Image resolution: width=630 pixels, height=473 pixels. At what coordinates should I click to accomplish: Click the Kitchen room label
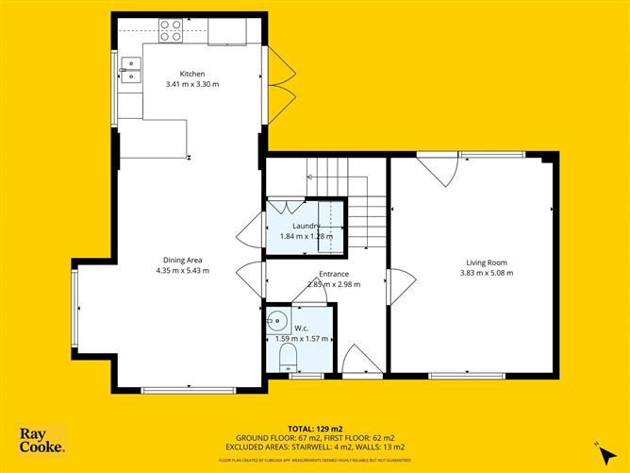coord(192,74)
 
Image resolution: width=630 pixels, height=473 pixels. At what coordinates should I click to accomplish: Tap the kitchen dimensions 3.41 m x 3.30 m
coord(192,84)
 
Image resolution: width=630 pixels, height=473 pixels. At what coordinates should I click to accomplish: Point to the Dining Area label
coord(182,261)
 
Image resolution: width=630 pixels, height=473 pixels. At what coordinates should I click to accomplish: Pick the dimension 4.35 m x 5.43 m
coord(182,271)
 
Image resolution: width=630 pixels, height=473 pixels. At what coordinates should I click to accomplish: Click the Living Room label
coord(486,262)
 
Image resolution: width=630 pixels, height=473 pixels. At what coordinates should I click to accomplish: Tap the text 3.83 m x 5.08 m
coord(486,273)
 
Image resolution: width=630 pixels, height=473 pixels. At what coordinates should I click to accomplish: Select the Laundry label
coord(306,226)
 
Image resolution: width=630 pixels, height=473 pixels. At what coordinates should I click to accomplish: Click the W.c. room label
coord(302,329)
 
